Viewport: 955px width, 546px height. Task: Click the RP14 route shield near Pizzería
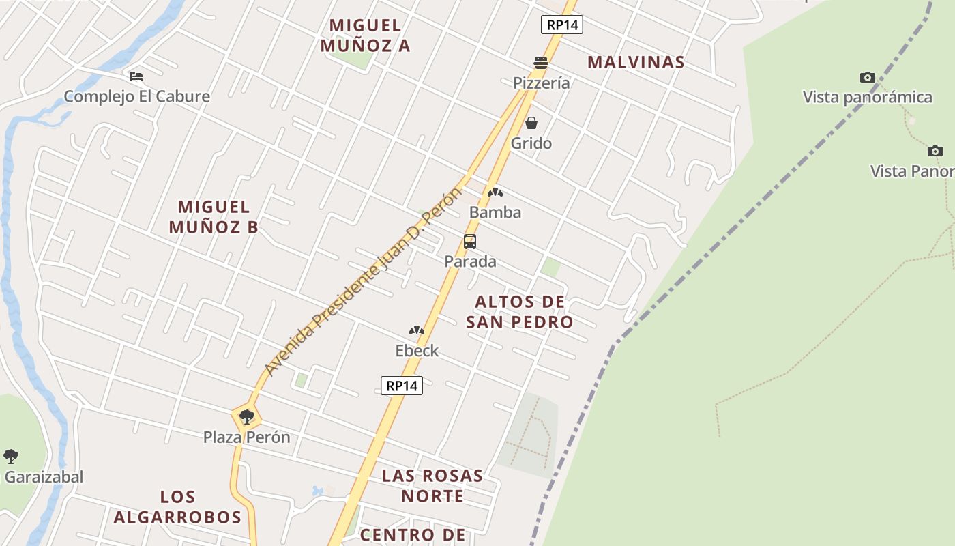(x=562, y=25)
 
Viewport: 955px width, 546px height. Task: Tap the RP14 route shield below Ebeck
(x=401, y=386)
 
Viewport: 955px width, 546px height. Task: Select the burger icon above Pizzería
(x=541, y=63)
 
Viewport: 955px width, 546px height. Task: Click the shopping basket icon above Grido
(x=531, y=124)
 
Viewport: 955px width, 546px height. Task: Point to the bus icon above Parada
(x=470, y=242)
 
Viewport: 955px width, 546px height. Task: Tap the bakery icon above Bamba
(x=495, y=193)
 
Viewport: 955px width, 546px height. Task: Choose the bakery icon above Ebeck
(x=417, y=331)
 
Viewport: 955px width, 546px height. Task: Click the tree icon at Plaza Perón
(x=247, y=416)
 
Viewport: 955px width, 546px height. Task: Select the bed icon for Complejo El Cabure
(x=136, y=76)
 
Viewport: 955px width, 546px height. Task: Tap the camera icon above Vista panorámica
(x=868, y=78)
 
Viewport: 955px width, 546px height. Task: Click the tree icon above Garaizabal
(x=11, y=456)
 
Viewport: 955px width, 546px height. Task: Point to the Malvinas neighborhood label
(x=636, y=62)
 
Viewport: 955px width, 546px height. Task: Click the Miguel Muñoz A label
(x=365, y=35)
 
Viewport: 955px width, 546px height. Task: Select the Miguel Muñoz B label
(x=214, y=217)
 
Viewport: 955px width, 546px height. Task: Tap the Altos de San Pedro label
(x=520, y=312)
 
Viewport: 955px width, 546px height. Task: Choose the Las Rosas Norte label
(x=432, y=485)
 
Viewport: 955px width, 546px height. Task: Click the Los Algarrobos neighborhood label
(x=177, y=507)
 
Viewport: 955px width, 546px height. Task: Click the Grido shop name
(x=531, y=143)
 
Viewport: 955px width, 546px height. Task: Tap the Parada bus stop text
(x=470, y=261)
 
